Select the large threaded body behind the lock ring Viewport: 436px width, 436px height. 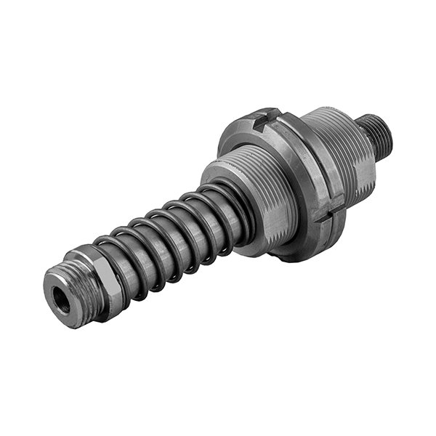pos(342,156)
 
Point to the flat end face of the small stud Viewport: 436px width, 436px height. pos(388,131)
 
